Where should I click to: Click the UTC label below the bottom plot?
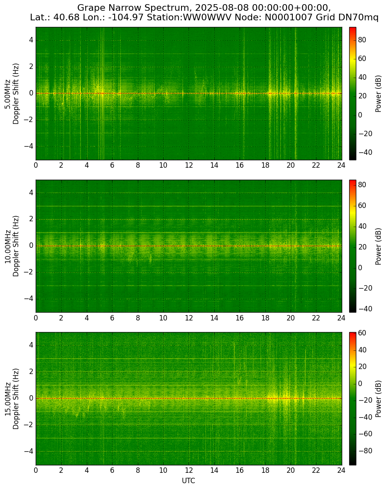[189, 481]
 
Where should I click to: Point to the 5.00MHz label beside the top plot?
[7, 94]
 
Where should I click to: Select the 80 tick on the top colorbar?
[362, 40]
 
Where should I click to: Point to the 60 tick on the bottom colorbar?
[362, 333]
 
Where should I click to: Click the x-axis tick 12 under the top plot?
[189, 165]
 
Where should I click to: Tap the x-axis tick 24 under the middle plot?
[341, 318]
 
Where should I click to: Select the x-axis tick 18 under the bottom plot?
[265, 470]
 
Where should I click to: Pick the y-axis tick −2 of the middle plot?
[29, 272]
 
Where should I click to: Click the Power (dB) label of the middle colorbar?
[378, 247]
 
